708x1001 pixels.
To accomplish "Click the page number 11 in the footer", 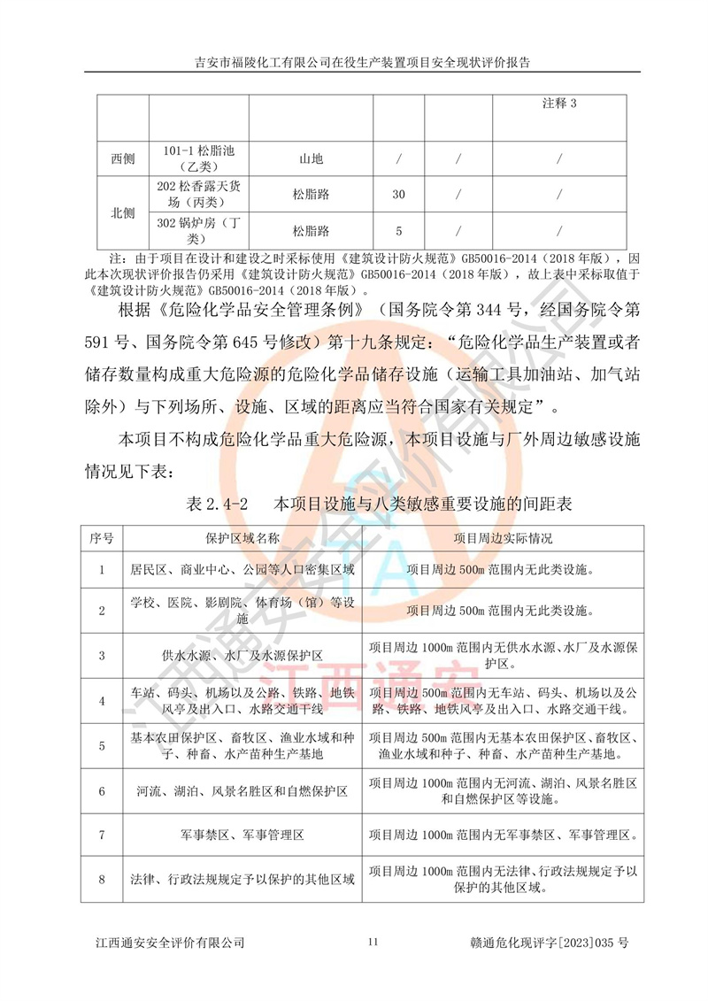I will pos(373,943).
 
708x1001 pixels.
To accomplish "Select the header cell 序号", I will pos(102,537).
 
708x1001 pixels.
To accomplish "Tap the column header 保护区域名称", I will pos(242,537).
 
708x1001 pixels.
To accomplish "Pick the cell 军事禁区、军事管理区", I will pos(242,835).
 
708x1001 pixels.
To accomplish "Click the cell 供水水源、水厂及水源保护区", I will pos(242,656).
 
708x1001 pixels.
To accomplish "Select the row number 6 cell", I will pos(102,790).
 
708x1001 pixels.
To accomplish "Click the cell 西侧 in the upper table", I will pos(123,159).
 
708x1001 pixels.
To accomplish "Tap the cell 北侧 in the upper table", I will pos(123,213).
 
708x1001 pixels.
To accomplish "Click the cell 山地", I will pos(311,159).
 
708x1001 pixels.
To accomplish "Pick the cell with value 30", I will pos(398,195).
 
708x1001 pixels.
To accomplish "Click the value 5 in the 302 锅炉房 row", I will pos(398,231).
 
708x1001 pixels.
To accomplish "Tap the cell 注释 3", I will pos(559,104).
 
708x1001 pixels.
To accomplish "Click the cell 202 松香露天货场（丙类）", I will pos(199,194).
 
